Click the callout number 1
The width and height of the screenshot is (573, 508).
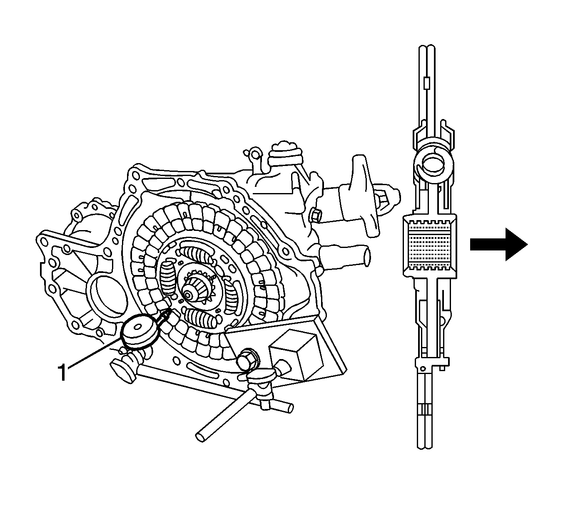[x=62, y=372]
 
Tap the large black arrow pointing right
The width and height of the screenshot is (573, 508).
[x=498, y=244]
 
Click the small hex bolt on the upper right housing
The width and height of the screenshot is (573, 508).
[x=316, y=215]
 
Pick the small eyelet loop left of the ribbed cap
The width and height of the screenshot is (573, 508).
[x=254, y=154]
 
